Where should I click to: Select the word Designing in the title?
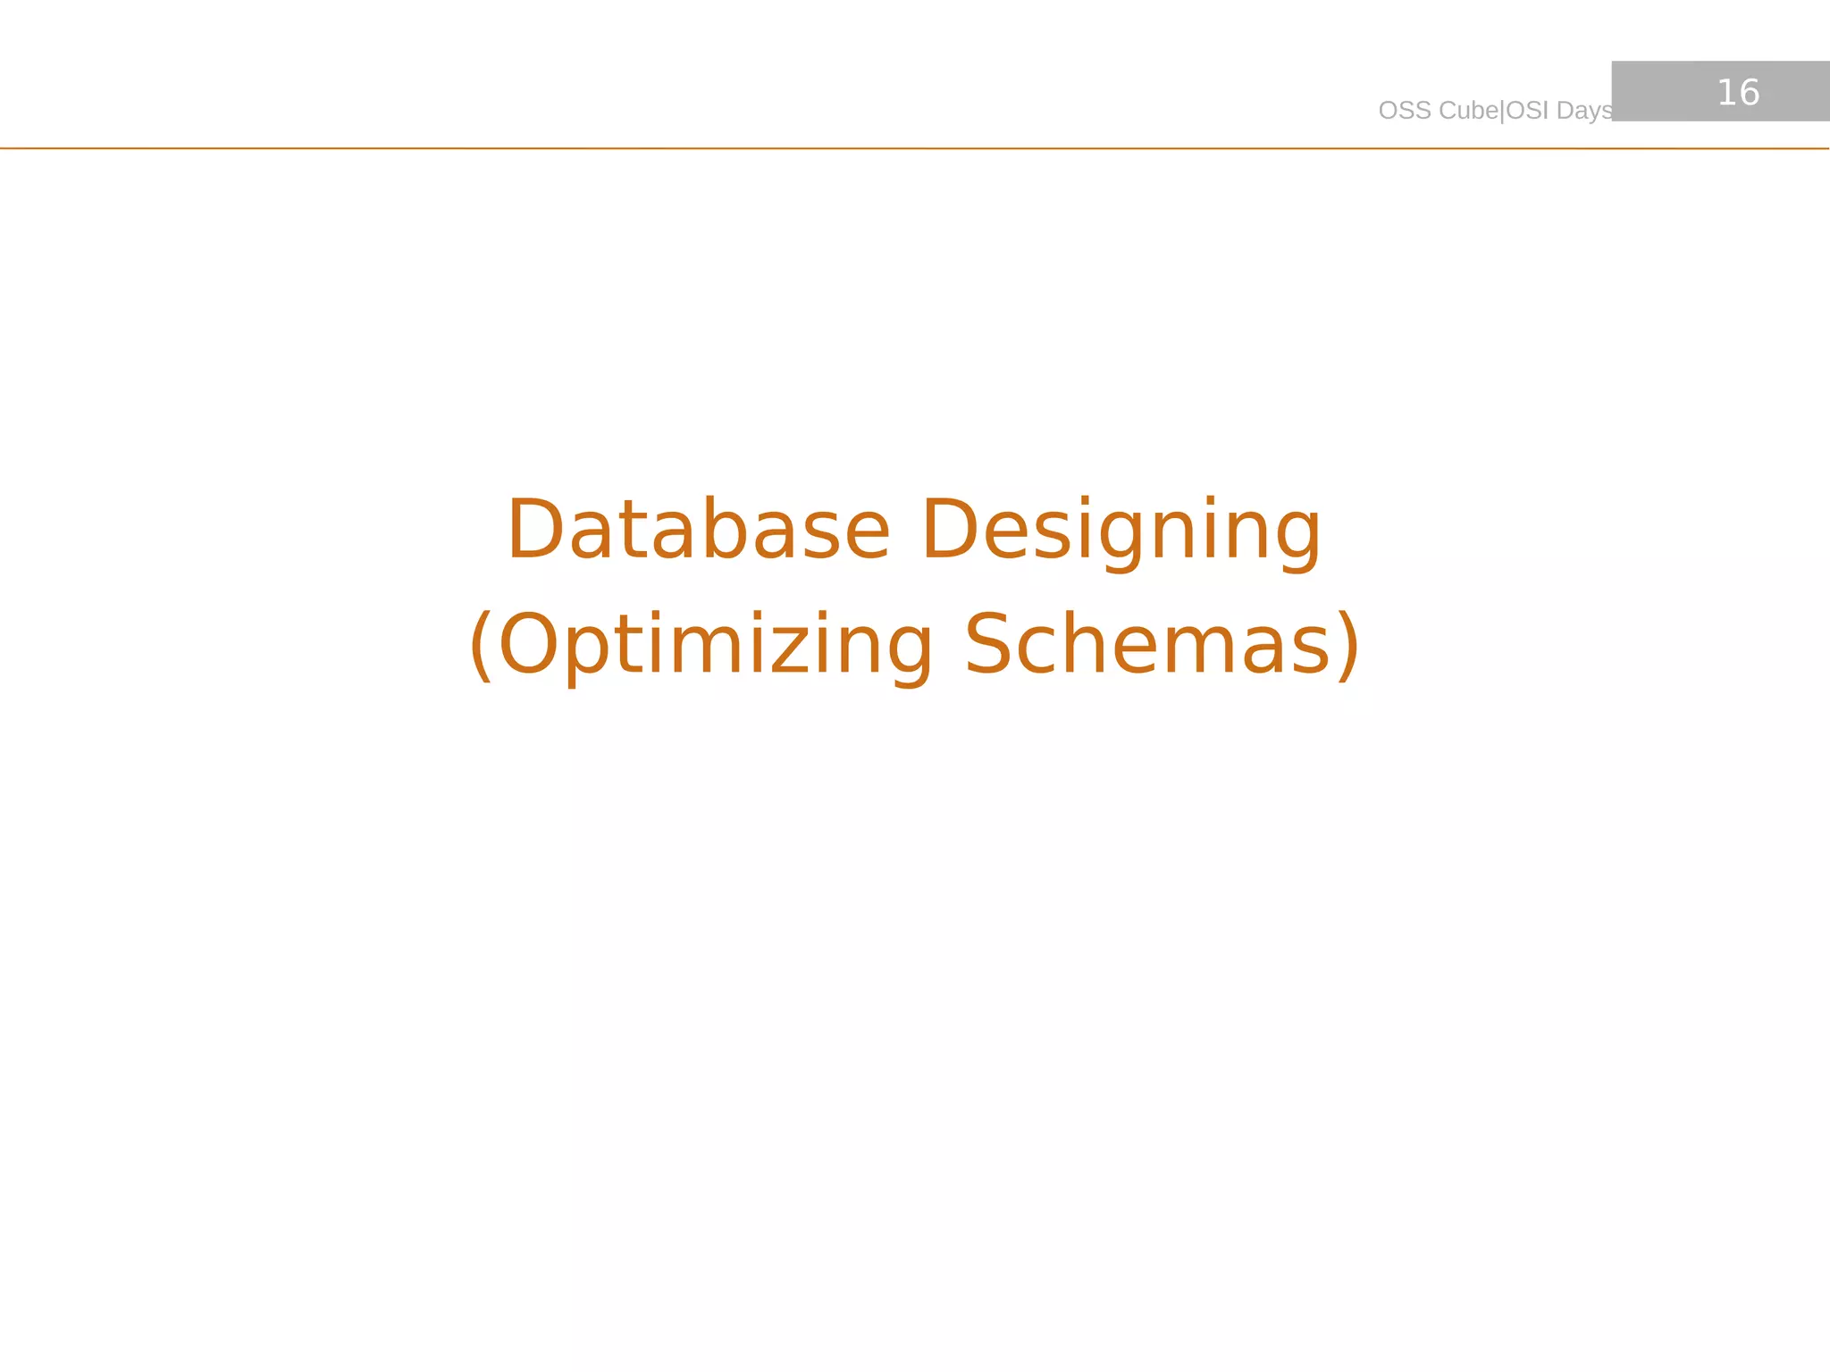[x=1121, y=531]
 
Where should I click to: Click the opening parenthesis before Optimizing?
[x=481, y=645]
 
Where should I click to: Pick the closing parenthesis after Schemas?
[x=1348, y=645]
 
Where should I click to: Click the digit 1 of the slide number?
[x=1726, y=93]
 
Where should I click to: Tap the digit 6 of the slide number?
[x=1750, y=93]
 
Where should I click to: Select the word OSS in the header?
[x=1405, y=111]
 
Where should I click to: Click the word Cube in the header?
[x=1469, y=111]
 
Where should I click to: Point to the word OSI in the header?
[x=1528, y=111]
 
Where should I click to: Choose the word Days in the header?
[x=1584, y=111]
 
